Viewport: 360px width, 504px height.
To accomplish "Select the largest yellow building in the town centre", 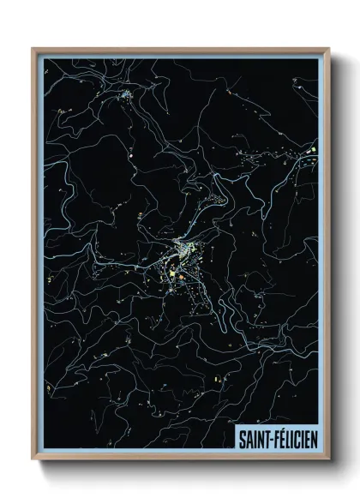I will pos(171,274).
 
